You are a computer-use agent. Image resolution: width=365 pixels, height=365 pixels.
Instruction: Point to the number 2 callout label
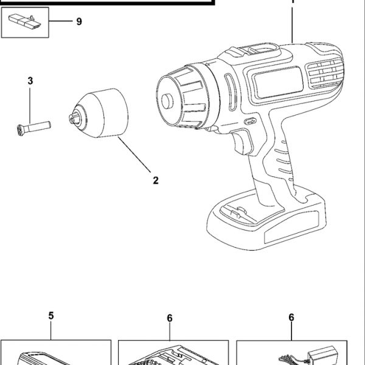[156, 180]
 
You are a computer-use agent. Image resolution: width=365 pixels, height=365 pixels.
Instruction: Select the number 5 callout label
[51, 315]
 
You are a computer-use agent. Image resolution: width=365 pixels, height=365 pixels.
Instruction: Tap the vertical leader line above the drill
[293, 21]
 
